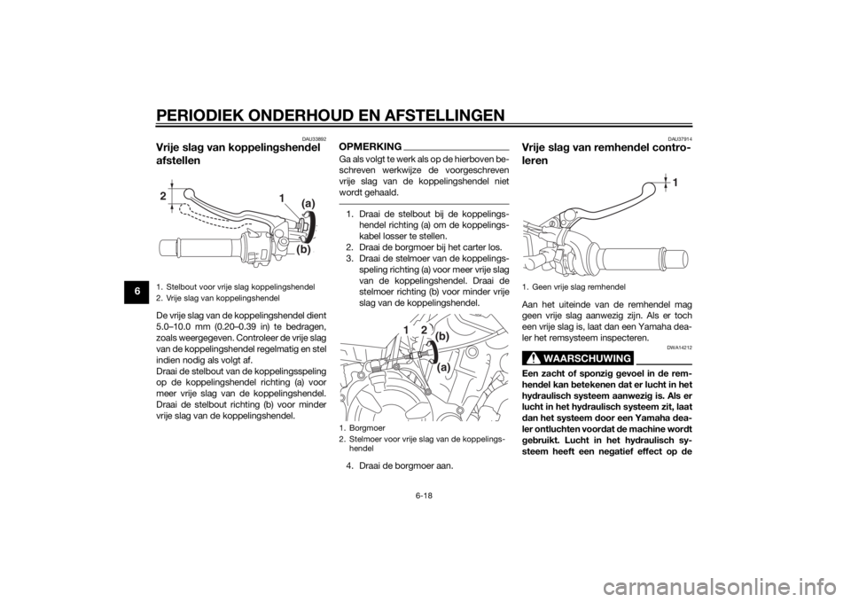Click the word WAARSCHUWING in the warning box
point(588,357)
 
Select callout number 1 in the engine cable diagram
point(405,329)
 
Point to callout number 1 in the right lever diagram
point(675,182)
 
